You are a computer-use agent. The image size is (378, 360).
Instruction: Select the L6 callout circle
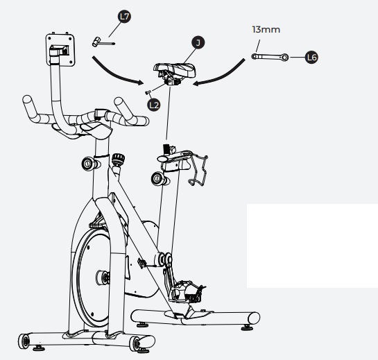[312, 58]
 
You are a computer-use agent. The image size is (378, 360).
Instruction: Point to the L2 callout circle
[154, 104]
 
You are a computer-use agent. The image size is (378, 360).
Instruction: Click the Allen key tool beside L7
[103, 43]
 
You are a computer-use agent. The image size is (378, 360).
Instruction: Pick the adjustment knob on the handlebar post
[89, 164]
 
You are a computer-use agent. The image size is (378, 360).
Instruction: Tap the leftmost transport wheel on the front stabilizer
[27, 341]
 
